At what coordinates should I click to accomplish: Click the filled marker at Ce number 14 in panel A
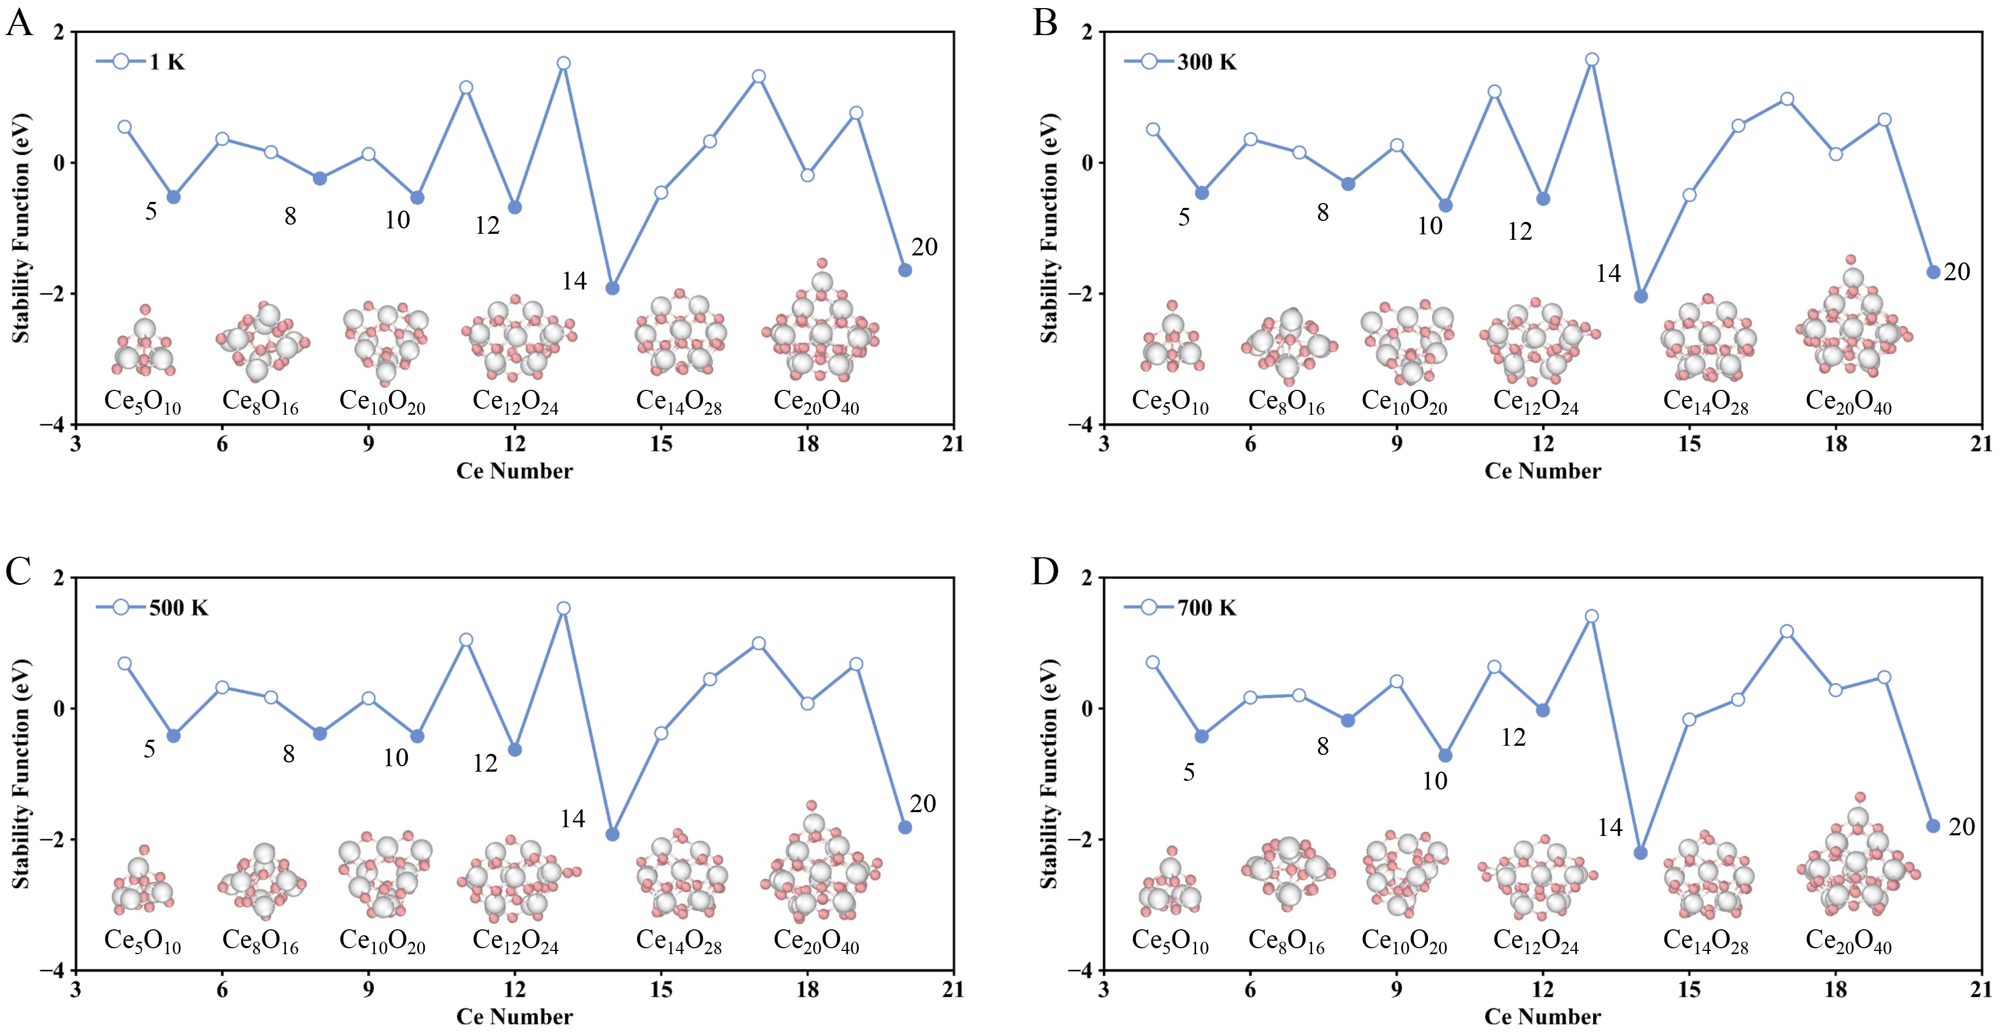(x=612, y=288)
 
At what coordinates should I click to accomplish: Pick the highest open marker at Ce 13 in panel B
(x=1592, y=60)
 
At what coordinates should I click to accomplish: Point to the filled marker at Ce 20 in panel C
(x=905, y=827)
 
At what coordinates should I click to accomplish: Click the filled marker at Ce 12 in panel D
(x=1543, y=711)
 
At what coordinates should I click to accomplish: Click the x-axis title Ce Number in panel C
(x=514, y=1016)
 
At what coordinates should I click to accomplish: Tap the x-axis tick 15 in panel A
(x=660, y=444)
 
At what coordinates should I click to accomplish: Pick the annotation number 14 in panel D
(x=1609, y=828)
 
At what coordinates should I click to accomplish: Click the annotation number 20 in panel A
(x=924, y=247)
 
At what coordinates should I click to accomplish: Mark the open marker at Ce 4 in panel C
(x=124, y=664)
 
